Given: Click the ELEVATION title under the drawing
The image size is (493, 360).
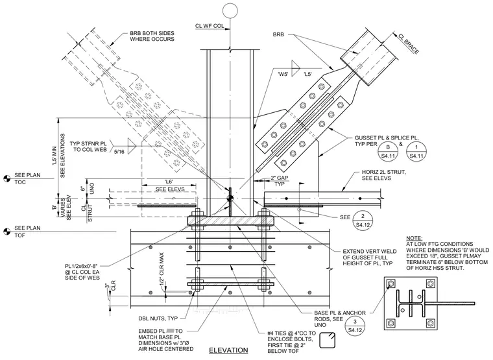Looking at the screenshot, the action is (228, 350).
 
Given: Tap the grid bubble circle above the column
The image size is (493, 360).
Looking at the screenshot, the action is (230, 10).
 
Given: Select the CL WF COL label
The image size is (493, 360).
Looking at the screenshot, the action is (210, 26).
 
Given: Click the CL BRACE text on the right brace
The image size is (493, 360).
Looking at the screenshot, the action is (409, 43).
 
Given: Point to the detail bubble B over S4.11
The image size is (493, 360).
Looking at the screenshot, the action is (388, 151).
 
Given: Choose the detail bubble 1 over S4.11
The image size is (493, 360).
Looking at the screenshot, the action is (416, 151).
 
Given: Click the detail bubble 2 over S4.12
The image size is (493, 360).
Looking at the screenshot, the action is (363, 221).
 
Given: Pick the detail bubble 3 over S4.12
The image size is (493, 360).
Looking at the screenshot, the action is (355, 326).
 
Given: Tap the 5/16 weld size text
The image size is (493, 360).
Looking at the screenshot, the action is (119, 152).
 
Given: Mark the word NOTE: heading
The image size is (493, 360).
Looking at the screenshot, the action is (415, 238).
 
